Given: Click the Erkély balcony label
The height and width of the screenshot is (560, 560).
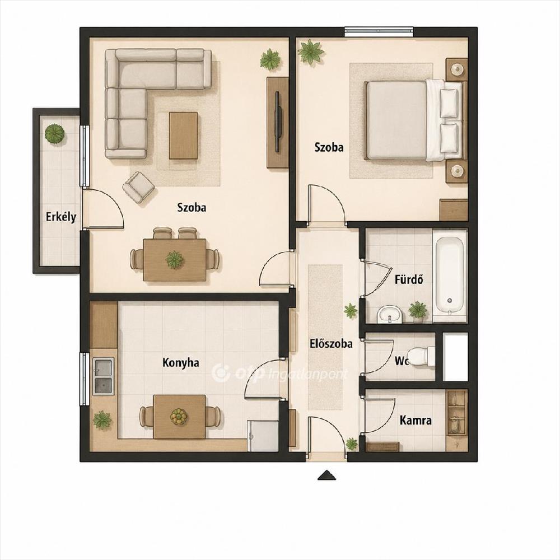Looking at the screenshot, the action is coord(60,217).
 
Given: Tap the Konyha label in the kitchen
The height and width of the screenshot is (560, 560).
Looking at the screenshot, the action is coord(181,363).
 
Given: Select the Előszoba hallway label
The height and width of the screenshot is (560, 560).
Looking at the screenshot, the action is coord(331,344).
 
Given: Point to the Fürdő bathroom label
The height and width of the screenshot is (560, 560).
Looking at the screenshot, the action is coord(409,279).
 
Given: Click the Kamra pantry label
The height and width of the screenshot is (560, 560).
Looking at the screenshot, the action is coord(416,421).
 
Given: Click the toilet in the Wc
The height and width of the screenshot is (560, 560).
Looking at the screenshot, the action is coord(422,356).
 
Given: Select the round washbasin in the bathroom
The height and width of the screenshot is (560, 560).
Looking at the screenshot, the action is coord(389,314).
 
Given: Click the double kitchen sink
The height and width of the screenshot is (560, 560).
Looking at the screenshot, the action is coord(103,376).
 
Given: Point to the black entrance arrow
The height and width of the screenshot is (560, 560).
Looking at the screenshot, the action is coord(327,475).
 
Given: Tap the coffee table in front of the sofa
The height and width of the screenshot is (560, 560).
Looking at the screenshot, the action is coord(184,136).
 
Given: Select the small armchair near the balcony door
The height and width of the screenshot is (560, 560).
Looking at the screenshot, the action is coord(138,188).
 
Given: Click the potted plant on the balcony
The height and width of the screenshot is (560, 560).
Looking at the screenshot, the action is coord(54,134).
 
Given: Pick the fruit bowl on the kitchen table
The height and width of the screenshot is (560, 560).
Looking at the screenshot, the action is coord(179,417).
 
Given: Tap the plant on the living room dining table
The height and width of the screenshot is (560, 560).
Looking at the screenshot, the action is coord(175,259).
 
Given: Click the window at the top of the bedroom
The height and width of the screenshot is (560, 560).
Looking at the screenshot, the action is coord(380,32).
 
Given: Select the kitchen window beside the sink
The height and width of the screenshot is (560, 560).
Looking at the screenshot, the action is coord(85,379).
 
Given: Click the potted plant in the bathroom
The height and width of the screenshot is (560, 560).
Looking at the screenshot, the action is coord(418,310).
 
